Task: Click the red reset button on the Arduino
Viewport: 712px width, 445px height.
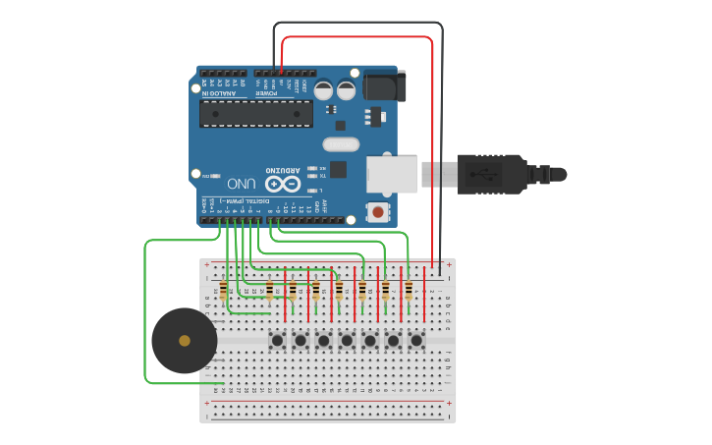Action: tap(377, 211)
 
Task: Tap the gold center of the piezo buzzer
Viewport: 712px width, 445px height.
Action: tap(185, 341)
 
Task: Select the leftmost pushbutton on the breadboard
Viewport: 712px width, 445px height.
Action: tap(277, 341)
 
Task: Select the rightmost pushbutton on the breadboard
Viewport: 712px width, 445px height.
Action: tap(416, 341)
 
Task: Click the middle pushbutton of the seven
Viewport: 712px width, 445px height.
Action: tap(347, 341)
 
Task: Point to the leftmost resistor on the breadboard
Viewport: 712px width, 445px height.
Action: tap(224, 290)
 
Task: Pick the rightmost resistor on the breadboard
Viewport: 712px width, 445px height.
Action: tap(409, 290)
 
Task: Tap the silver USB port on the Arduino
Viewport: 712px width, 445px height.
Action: tap(391, 174)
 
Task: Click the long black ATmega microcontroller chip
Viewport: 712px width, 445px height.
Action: tap(255, 113)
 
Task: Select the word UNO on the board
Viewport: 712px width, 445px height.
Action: tap(242, 184)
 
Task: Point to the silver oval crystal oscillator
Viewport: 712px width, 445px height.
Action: tap(340, 144)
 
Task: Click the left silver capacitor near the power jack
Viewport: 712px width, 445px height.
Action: tap(323, 89)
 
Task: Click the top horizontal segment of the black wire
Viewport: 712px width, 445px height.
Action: tap(357, 23)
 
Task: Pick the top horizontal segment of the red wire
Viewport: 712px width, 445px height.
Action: tap(357, 37)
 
